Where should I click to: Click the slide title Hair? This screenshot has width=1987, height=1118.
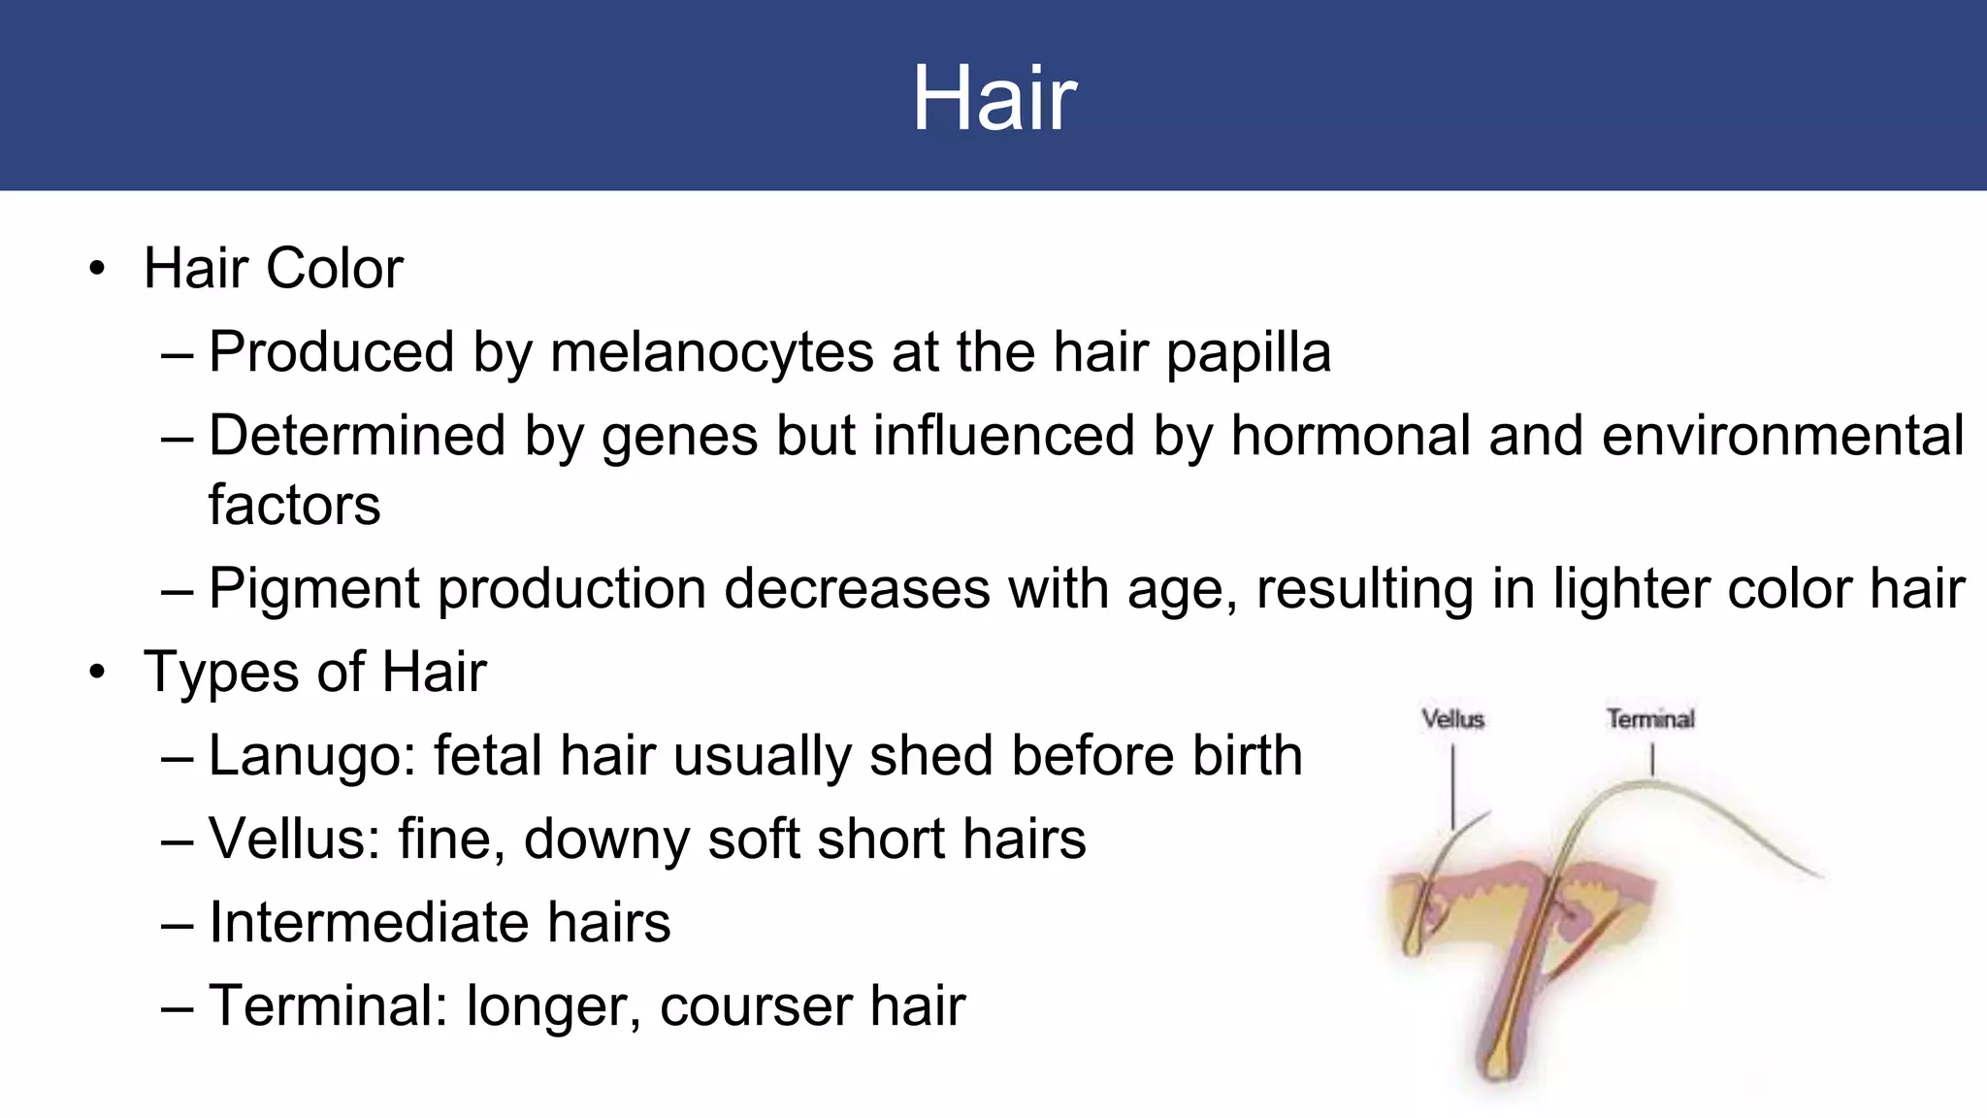(993, 98)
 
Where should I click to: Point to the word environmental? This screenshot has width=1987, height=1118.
(1783, 435)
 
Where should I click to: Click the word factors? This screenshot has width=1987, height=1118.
(294, 505)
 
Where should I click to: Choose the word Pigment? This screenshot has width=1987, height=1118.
(314, 590)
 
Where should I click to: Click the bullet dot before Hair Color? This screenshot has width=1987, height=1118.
(96, 269)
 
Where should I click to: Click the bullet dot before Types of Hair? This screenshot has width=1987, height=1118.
(96, 673)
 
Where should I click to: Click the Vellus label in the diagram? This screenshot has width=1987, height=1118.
(1452, 719)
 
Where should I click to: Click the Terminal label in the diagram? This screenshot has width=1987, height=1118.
(1650, 719)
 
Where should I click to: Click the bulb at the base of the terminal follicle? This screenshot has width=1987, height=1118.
(1500, 1063)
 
